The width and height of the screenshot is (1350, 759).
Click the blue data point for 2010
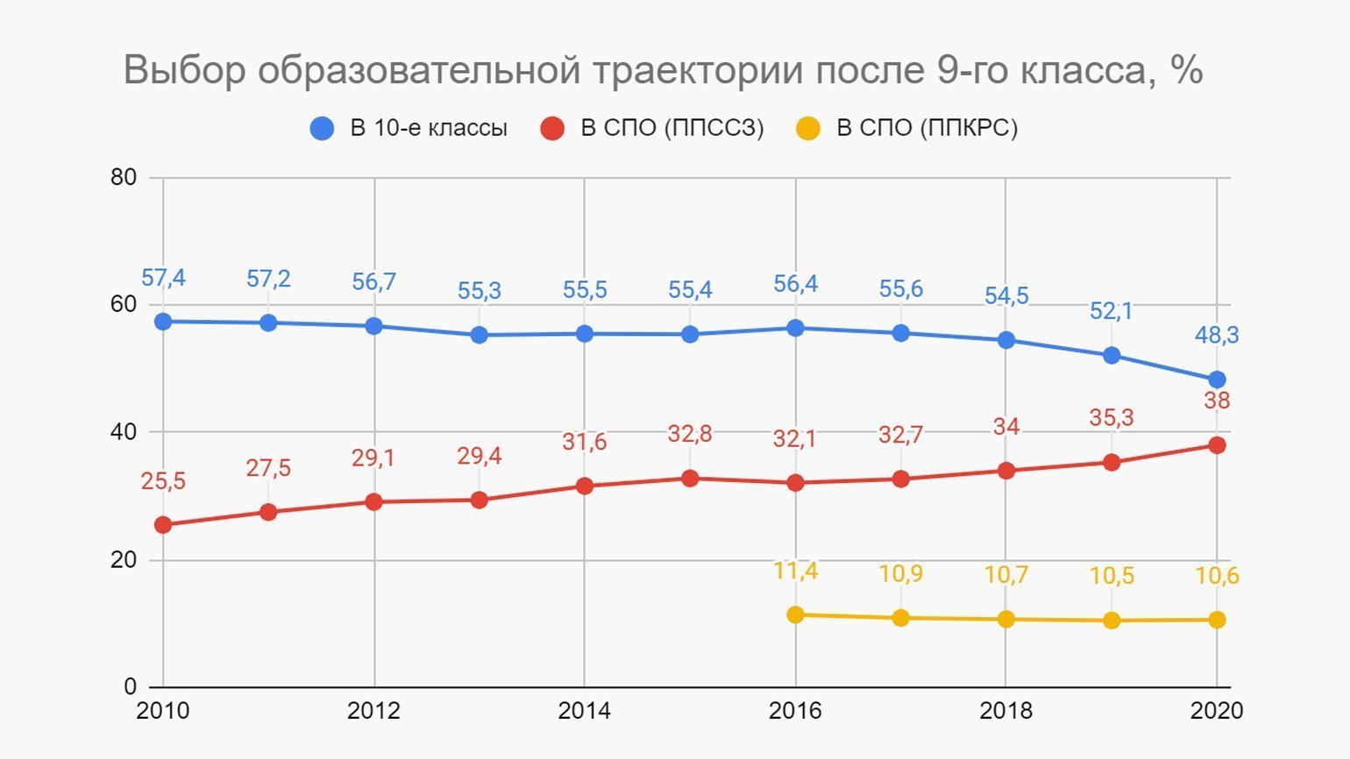(163, 322)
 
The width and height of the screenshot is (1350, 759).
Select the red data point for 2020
(1217, 445)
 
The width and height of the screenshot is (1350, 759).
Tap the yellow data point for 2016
(795, 614)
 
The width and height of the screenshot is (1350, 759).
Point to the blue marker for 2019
(1112, 355)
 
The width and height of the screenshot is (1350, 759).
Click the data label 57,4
(163, 279)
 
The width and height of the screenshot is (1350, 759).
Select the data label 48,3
(1217, 335)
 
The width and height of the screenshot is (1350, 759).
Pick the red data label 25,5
(163, 481)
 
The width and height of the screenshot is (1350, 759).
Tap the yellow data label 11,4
(795, 571)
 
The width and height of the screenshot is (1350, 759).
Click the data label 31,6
(584, 442)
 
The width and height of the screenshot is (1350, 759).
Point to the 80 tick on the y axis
(124, 177)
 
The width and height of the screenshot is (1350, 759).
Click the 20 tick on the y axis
(124, 560)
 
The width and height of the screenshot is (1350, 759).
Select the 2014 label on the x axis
(584, 711)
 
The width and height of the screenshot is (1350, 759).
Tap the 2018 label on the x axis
(1005, 711)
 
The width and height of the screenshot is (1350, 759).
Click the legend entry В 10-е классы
(429, 128)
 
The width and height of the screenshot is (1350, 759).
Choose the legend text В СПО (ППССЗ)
(672, 128)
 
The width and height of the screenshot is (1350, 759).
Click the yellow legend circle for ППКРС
(807, 129)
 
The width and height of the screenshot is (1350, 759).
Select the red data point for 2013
(479, 500)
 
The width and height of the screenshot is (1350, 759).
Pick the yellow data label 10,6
(1217, 576)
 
